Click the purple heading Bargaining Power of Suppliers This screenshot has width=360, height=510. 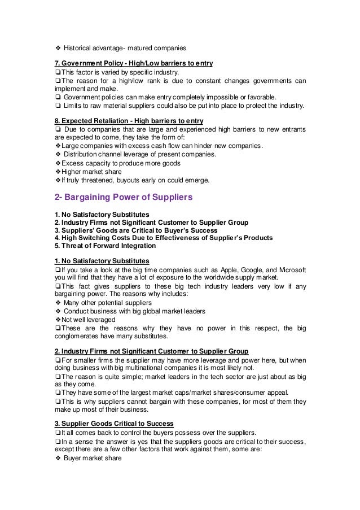pos(124,198)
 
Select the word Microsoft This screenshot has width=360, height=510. pos(295,269)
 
